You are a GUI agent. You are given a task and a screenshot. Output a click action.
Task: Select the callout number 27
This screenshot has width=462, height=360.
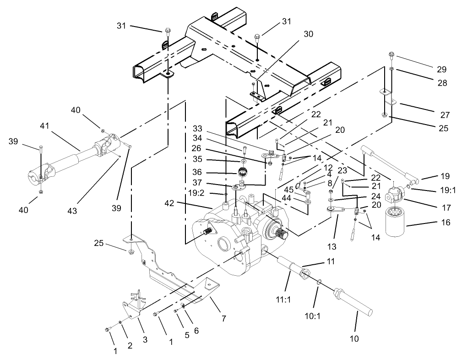click(445, 115)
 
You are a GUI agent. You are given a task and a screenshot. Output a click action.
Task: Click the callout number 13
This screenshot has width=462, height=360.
click(332, 247)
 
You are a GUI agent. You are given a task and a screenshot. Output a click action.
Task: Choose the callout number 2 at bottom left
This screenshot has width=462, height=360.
click(130, 346)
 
